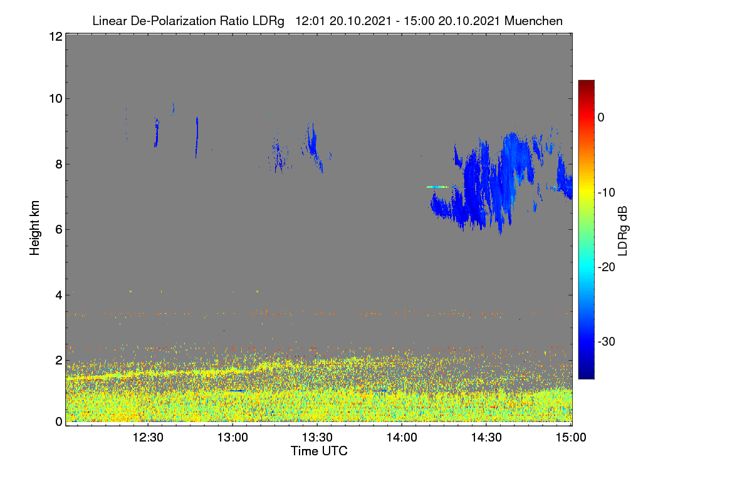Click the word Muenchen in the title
tap(533, 21)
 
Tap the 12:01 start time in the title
tap(310, 21)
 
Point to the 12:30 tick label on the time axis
tap(148, 438)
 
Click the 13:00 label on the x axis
tap(232, 438)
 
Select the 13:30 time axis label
tap(317, 438)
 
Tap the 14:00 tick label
tap(402, 438)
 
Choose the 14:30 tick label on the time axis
tap(486, 438)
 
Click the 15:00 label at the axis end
tap(571, 438)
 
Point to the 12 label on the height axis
tap(56, 36)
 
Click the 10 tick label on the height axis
tap(56, 99)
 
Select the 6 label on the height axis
tap(59, 230)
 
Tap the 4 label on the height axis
tap(59, 296)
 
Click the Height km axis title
tap(34, 228)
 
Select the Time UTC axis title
tap(319, 451)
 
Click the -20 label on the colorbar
tap(607, 267)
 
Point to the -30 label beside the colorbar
tap(607, 341)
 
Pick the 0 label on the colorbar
tap(601, 118)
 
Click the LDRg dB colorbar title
tap(623, 231)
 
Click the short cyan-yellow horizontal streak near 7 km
tap(437, 187)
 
